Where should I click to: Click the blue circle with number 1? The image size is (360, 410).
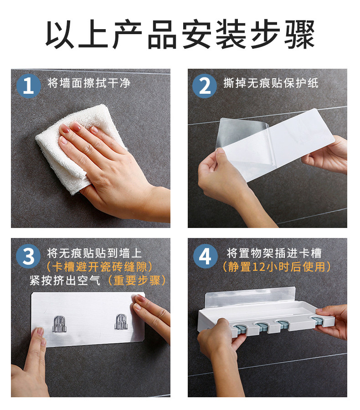[x=29, y=86]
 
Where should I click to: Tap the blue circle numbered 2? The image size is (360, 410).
[x=205, y=86]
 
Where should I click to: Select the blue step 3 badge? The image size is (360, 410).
[x=29, y=256]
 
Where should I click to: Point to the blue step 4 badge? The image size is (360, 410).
[x=205, y=256]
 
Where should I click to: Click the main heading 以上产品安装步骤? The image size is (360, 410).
[x=180, y=35]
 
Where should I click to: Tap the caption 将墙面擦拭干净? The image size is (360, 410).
[x=89, y=83]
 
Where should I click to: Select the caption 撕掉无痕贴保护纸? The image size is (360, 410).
[x=271, y=83]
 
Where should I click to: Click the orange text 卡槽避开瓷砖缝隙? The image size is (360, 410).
[x=99, y=267]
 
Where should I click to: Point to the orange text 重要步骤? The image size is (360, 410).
[x=137, y=281]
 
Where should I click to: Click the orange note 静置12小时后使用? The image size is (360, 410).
[x=276, y=267]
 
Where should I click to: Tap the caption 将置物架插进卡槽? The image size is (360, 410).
[x=274, y=253]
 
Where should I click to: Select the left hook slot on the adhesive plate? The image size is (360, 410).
[x=60, y=324]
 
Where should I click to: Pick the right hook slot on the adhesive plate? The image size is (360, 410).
[x=122, y=322]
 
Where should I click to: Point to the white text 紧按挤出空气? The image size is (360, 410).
[x=65, y=281]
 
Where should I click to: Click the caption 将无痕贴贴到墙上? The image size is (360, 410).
[x=94, y=253]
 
